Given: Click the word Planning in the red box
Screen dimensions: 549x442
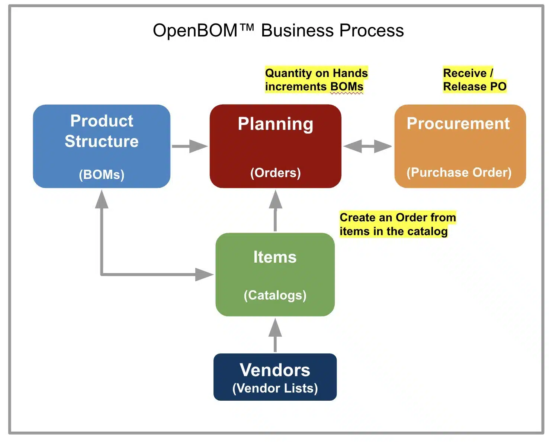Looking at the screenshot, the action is point(275,124).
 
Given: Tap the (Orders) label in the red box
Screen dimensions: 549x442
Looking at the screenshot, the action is point(275,173).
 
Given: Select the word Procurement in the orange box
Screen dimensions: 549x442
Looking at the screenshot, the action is point(458,124).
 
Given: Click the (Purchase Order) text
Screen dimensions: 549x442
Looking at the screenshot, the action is point(459,173).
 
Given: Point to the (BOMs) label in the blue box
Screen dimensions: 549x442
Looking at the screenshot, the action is point(102,175).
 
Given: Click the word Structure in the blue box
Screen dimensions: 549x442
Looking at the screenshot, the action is point(102,141).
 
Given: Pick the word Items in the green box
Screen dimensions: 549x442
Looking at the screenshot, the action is point(275,257).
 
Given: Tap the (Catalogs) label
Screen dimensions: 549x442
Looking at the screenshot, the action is point(275,295).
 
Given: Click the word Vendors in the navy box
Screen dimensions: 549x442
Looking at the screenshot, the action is point(275,370).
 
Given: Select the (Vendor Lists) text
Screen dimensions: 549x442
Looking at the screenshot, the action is point(275,388).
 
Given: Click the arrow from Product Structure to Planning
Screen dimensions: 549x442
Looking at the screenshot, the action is point(190,146).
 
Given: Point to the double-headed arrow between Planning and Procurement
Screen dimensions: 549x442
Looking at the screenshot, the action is point(367,146).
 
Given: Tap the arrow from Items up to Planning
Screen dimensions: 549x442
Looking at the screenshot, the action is point(275,211).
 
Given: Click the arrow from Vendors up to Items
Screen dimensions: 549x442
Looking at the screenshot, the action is point(275,335).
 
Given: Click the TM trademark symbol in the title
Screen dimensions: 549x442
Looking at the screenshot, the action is point(247,27).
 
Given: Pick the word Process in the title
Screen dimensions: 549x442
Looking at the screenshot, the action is point(372,31).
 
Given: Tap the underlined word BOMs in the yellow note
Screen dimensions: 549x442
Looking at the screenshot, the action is point(347,87).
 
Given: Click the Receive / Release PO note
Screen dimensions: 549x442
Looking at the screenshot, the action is point(475,80).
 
